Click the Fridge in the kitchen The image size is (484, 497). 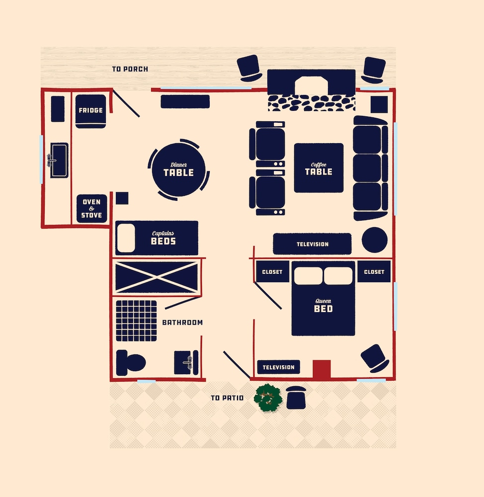click(x=90, y=111)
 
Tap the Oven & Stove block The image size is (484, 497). click(x=91, y=209)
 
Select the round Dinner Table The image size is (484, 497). click(x=178, y=169)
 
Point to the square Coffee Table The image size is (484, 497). click(x=319, y=168)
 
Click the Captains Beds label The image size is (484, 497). click(x=163, y=238)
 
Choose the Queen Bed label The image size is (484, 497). click(x=323, y=306)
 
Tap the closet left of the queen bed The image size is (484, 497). click(x=272, y=272)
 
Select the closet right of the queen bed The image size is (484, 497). click(x=374, y=272)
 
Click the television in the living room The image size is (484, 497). click(x=312, y=244)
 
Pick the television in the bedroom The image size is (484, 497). click(x=279, y=367)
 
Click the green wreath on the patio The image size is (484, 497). click(x=268, y=398)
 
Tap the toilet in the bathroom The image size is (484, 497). click(x=131, y=363)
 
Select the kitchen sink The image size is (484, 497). click(x=59, y=160)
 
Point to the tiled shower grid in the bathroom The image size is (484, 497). click(x=136, y=321)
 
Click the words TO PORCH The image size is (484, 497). click(x=130, y=69)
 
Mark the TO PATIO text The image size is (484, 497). click(x=227, y=398)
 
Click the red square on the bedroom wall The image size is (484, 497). click(x=322, y=369)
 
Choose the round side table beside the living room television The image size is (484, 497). click(x=375, y=240)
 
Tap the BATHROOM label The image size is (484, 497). click(x=182, y=323)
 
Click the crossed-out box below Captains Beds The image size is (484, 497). click(x=157, y=277)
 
